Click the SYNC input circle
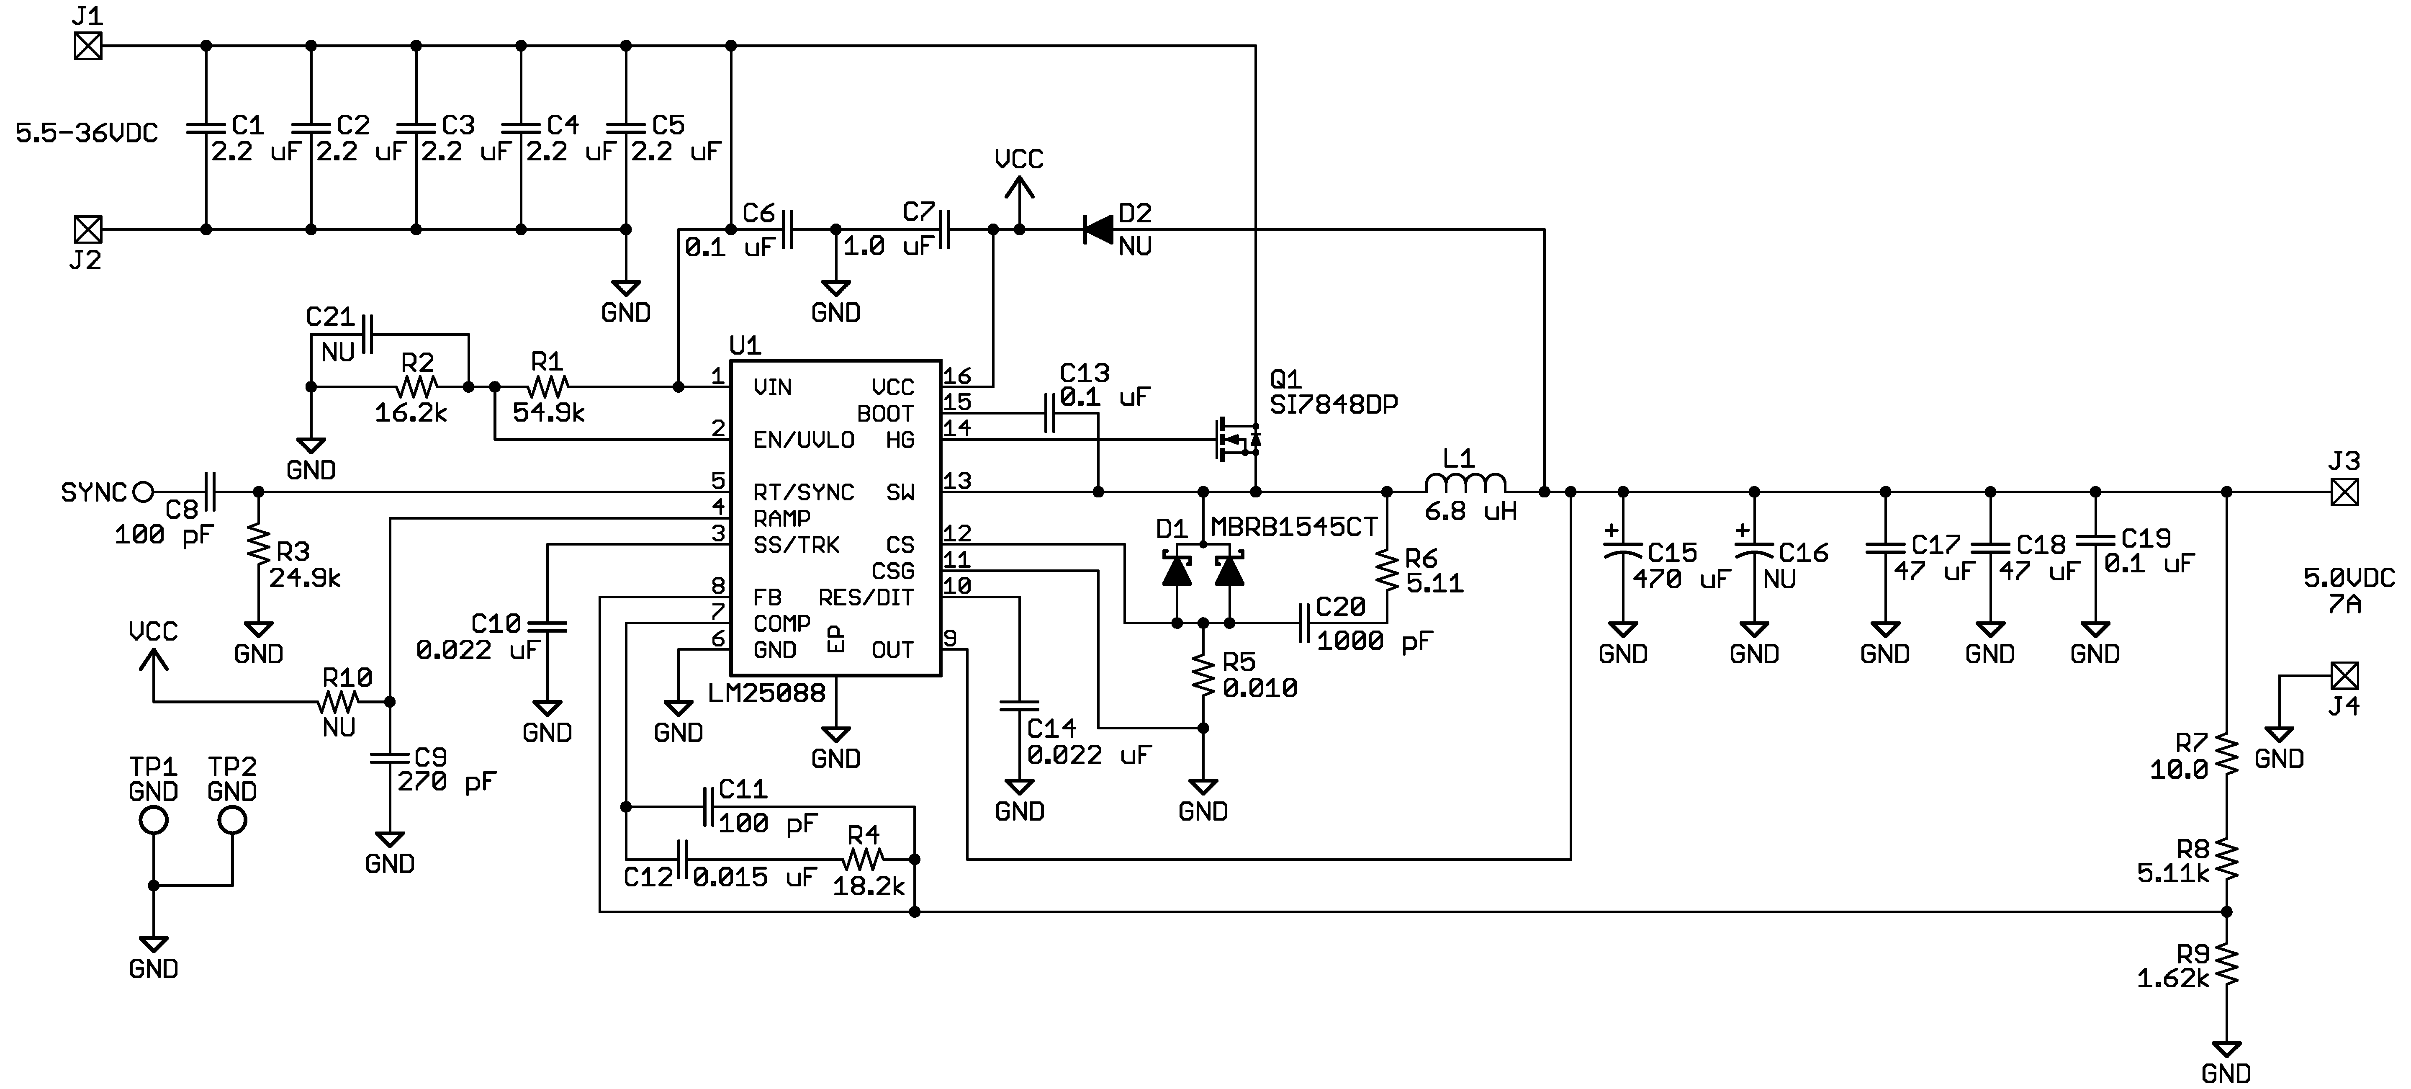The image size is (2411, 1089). pyautogui.click(x=143, y=492)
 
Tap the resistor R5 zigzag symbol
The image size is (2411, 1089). pyautogui.click(x=1204, y=675)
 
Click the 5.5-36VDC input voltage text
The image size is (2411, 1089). pyautogui.click(x=86, y=133)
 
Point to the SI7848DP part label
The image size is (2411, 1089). pyautogui.click(x=1334, y=404)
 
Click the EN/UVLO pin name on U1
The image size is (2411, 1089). pyautogui.click(x=803, y=440)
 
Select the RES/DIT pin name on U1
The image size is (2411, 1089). pyautogui.click(x=866, y=597)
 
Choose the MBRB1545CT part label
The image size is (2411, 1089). pyautogui.click(x=1293, y=527)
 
